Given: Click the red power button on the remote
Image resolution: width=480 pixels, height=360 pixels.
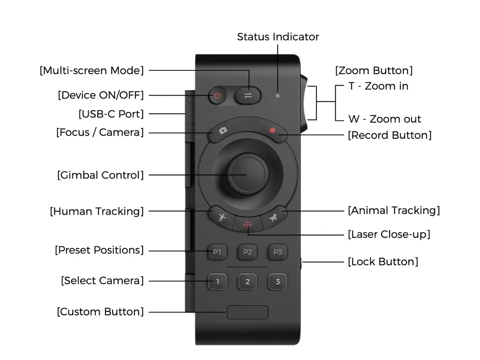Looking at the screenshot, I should (218, 96).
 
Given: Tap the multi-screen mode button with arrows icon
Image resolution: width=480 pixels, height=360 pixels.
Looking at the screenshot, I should (248, 96).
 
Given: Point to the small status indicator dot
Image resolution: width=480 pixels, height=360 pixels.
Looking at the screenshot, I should (278, 95).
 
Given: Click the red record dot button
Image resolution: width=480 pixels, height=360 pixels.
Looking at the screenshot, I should (273, 130).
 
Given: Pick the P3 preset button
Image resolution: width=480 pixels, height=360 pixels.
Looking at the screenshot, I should (278, 252).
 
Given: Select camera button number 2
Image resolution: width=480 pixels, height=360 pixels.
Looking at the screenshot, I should (247, 281).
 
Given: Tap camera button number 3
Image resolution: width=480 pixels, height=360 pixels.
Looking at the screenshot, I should (278, 281).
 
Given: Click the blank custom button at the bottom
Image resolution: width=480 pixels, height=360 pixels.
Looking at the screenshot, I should (247, 312).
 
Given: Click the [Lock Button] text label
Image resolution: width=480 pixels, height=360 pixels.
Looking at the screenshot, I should (383, 262).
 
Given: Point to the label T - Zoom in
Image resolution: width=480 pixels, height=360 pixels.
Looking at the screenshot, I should (378, 86).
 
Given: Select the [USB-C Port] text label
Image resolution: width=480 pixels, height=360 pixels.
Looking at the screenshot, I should (111, 114).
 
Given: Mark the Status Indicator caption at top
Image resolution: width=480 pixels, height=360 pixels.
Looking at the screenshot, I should (278, 37).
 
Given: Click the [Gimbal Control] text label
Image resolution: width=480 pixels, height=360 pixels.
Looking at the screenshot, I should (100, 175).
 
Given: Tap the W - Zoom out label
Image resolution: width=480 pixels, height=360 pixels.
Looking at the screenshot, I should (384, 119).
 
